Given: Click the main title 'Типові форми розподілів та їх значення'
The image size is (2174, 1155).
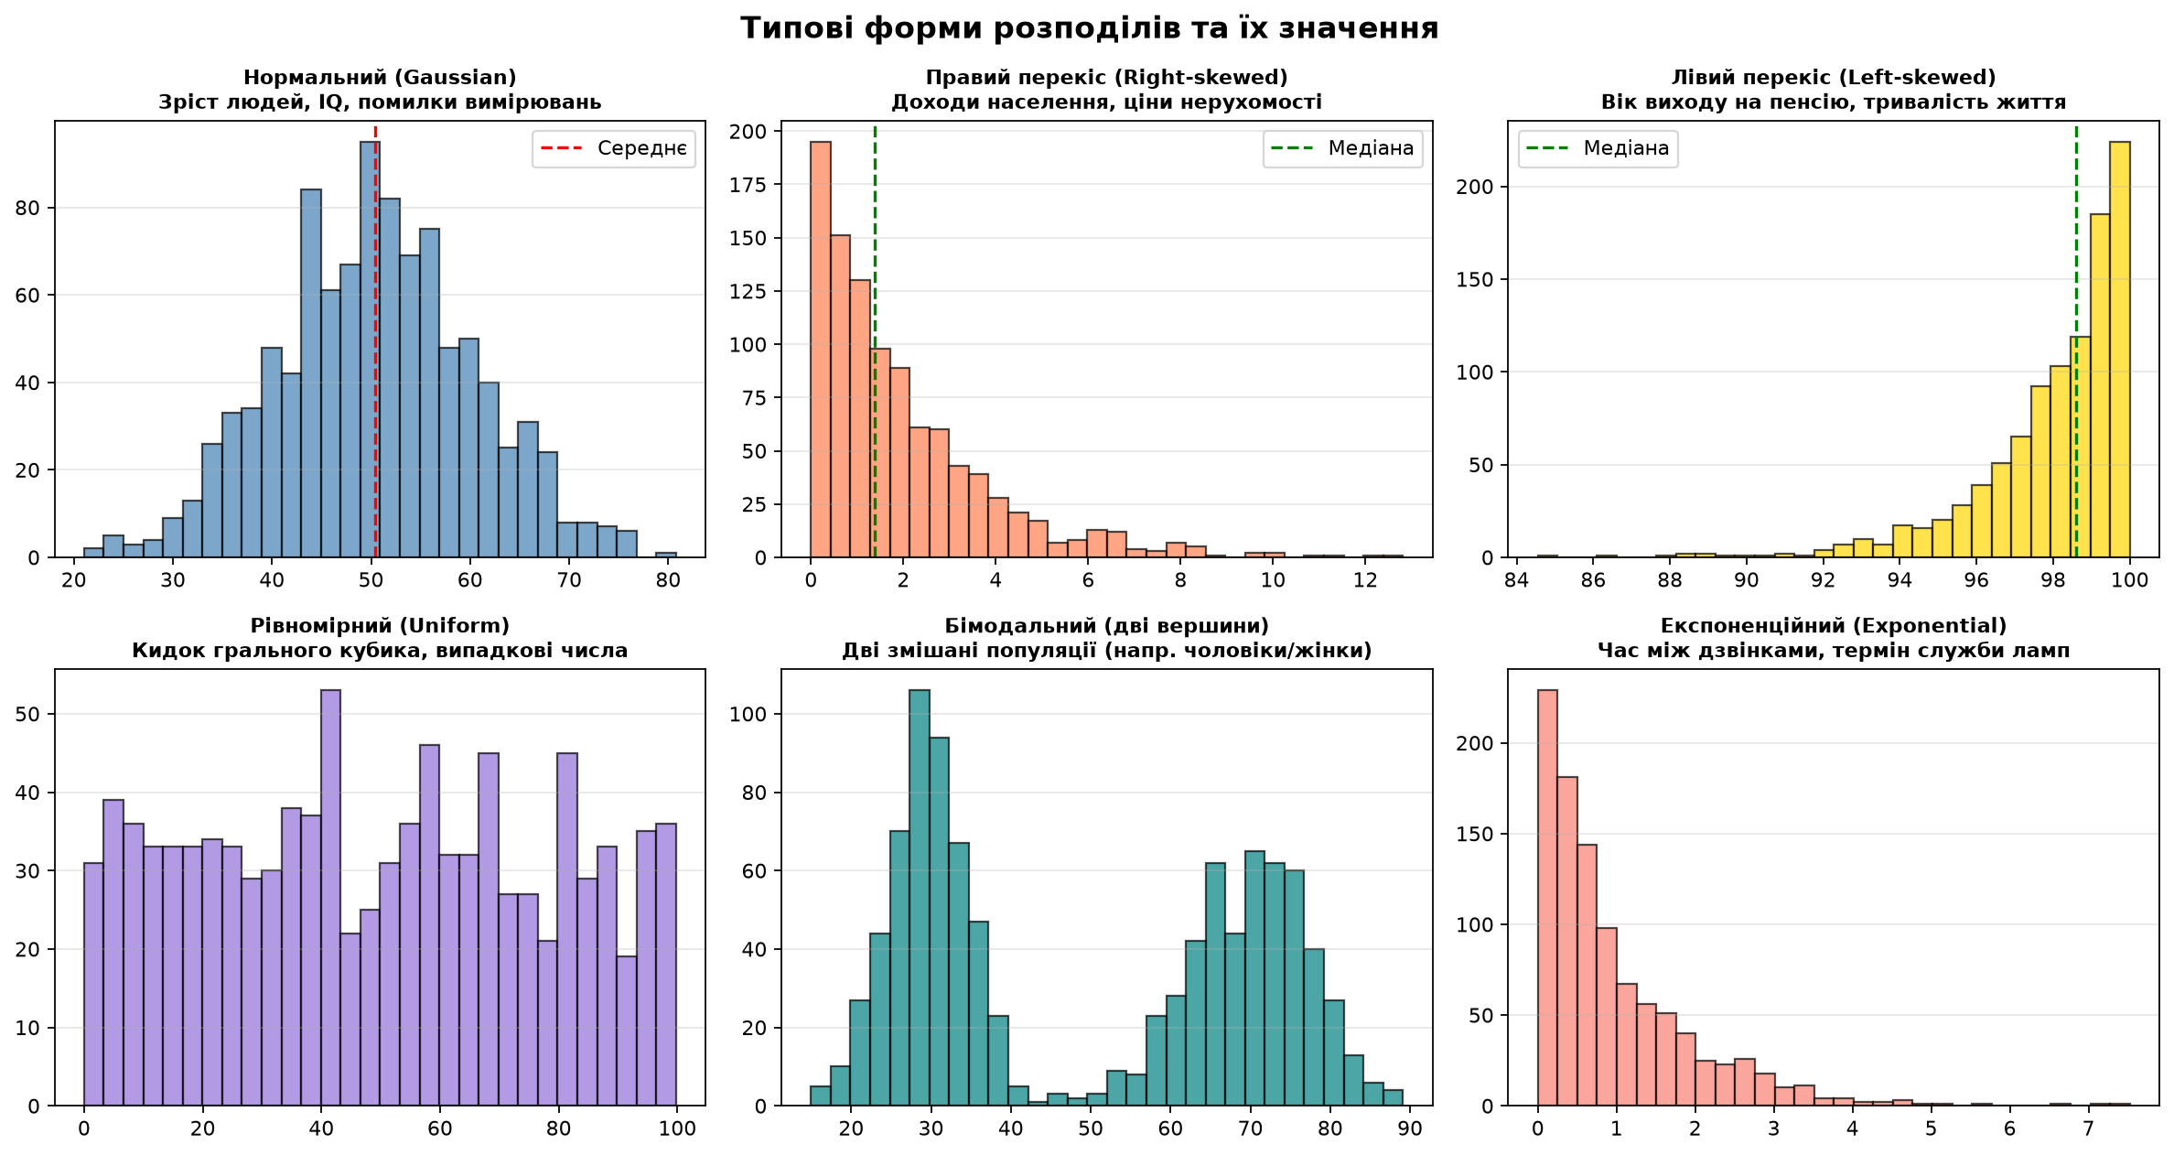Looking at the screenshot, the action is pyautogui.click(x=1089, y=28).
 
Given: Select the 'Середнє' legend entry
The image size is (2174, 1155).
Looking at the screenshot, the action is pyautogui.click(x=614, y=148).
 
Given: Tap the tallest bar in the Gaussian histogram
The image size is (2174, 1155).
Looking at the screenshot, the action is pyautogui.click(x=370, y=350).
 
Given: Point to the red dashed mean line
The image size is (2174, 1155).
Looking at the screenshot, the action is pyautogui.click(x=375, y=342).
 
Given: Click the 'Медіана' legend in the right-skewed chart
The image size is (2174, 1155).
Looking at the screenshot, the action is pyautogui.click(x=1343, y=148).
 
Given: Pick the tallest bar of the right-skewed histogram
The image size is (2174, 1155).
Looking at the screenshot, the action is pyautogui.click(x=821, y=350).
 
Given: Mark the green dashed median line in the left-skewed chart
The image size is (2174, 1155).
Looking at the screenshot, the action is pyautogui.click(x=2076, y=342).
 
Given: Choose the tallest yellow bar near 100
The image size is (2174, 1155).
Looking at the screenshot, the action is pyautogui.click(x=2120, y=350).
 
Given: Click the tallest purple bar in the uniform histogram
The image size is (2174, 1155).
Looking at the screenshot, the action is pyautogui.click(x=330, y=898).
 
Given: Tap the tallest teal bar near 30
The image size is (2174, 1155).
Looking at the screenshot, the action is pyautogui.click(x=920, y=898).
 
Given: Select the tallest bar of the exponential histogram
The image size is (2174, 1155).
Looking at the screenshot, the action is pyautogui.click(x=1547, y=898).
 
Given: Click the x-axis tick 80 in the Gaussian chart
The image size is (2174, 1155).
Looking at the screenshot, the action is pyautogui.click(x=668, y=580).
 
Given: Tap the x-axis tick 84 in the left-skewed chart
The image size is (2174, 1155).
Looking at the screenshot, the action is pyautogui.click(x=1517, y=580).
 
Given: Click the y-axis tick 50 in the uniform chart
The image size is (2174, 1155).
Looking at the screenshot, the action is pyautogui.click(x=28, y=714).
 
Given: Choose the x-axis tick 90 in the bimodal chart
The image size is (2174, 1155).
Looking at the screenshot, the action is pyautogui.click(x=1410, y=1128).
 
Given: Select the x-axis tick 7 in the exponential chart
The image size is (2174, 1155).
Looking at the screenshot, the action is pyautogui.click(x=2088, y=1128).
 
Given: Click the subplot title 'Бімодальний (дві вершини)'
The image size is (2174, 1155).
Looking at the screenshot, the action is pyautogui.click(x=1107, y=626).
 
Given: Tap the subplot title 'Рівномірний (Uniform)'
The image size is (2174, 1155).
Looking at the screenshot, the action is pyautogui.click(x=380, y=626).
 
